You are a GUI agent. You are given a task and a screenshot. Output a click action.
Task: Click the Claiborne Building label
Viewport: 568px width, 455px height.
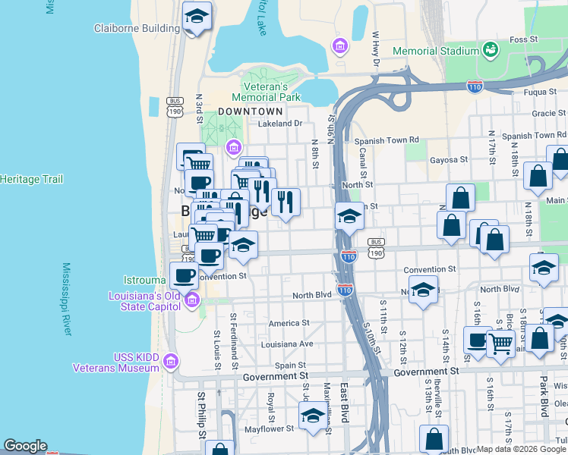click(137, 29)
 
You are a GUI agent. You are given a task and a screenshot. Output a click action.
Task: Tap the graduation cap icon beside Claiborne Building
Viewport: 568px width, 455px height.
click(197, 17)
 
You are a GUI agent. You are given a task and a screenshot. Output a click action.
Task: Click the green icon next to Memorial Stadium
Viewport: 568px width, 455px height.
click(491, 50)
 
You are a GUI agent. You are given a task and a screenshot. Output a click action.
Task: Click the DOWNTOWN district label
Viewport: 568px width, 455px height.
click(245, 111)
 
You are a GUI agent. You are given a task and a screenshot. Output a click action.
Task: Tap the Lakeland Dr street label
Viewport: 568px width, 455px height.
click(280, 124)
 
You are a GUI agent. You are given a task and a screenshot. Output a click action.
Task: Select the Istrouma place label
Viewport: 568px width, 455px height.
click(147, 281)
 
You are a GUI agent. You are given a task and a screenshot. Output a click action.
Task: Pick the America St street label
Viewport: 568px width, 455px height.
click(289, 322)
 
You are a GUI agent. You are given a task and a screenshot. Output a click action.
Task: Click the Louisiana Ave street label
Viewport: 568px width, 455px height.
click(287, 344)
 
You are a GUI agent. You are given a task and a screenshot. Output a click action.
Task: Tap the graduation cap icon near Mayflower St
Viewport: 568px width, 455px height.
click(312, 415)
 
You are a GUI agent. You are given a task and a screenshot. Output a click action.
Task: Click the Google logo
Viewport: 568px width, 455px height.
click(25, 446)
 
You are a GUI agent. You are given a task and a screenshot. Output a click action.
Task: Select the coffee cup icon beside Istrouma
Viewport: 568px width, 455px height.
click(183, 275)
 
